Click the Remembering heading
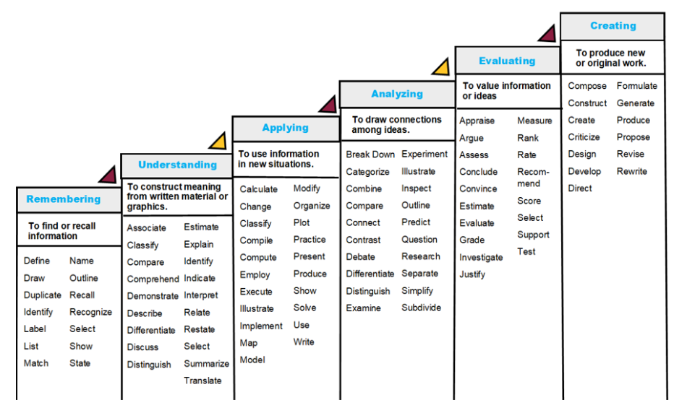(x=64, y=199)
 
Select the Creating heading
(x=613, y=26)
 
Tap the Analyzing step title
(x=397, y=94)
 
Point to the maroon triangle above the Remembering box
(x=108, y=175)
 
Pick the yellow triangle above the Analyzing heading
(x=440, y=68)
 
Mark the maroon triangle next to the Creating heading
(x=547, y=33)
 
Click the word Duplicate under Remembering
(x=43, y=295)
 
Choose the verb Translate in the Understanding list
(x=202, y=381)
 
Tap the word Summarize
(x=206, y=364)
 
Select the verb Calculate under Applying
(x=259, y=189)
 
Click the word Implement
(x=261, y=326)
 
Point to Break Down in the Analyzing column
(x=370, y=155)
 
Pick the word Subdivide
(x=421, y=308)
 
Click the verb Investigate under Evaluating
(x=481, y=258)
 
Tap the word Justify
(x=472, y=274)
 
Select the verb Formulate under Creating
(x=636, y=86)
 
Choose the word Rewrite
(x=631, y=172)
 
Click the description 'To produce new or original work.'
(x=611, y=58)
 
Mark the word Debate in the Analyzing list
(x=360, y=256)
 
